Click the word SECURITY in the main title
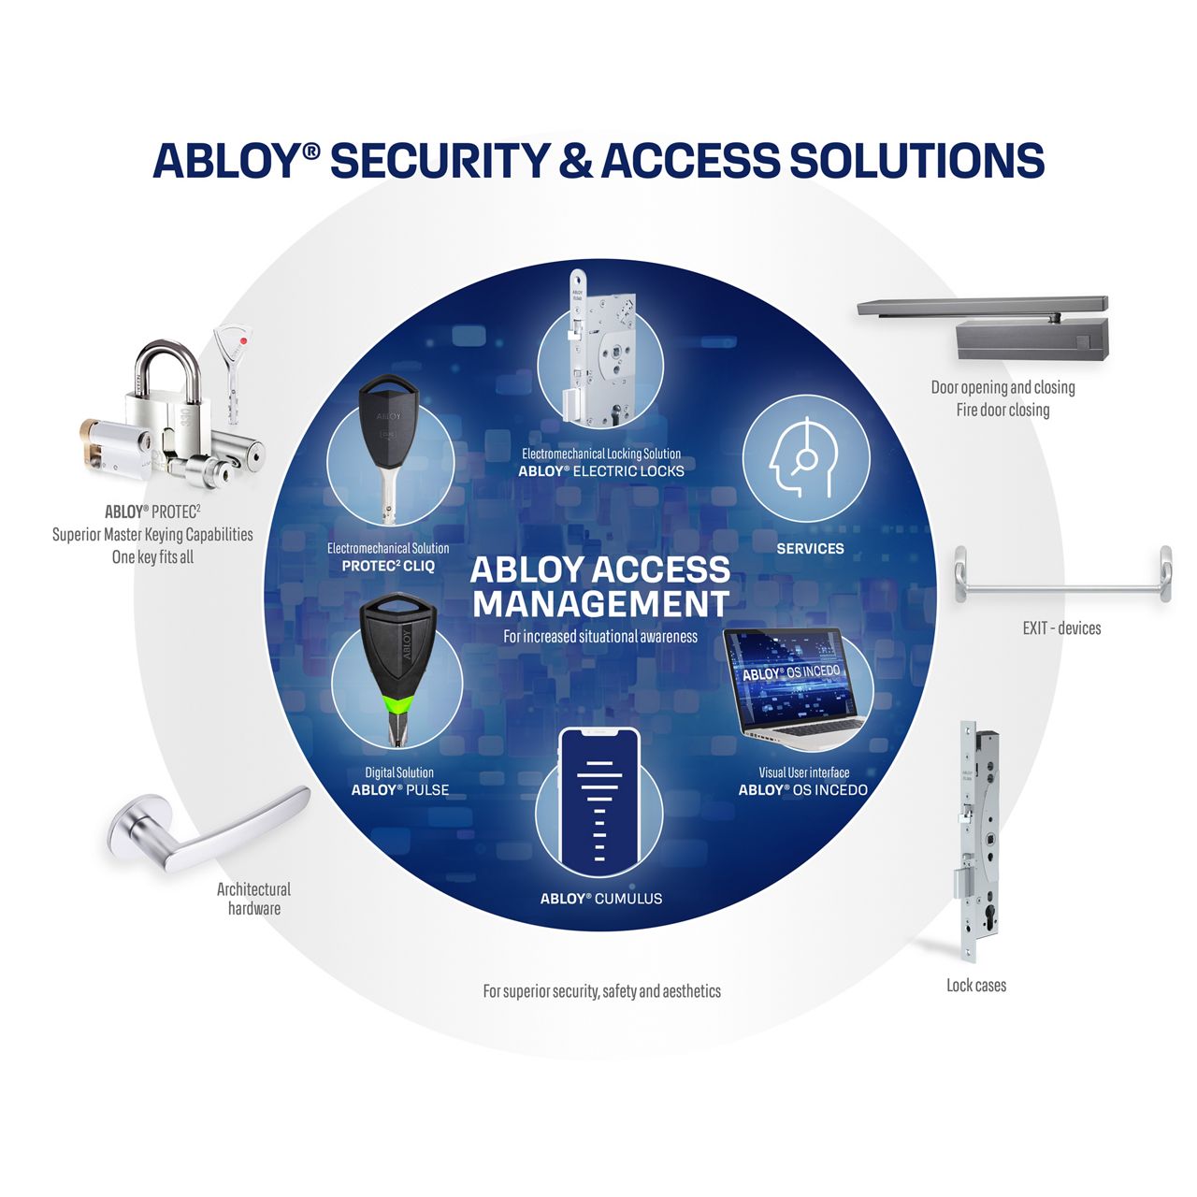439,160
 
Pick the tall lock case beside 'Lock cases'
968,842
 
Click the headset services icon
805,458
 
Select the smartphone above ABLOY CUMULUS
598,800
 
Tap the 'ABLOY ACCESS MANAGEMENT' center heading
600,586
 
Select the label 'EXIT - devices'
1061,628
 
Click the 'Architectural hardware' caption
253,899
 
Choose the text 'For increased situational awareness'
600,637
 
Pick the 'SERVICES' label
810,549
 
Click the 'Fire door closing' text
1002,410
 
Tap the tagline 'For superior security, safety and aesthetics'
601,991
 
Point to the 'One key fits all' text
152,557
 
